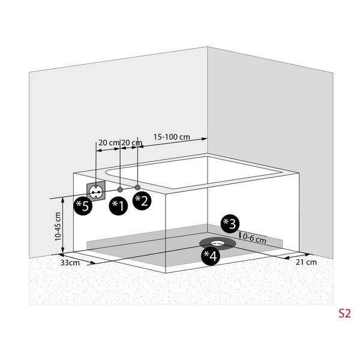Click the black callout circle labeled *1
click(x=118, y=206)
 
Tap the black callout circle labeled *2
click(x=142, y=200)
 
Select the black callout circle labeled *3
click(x=230, y=224)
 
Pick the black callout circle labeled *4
click(x=211, y=256)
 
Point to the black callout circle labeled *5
click(x=83, y=206)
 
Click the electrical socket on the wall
click(x=96, y=191)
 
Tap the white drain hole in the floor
click(x=217, y=242)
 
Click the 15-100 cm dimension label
click(x=172, y=137)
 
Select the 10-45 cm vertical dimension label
click(x=58, y=226)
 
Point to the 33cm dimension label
click(x=70, y=263)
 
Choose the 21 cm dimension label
click(x=306, y=262)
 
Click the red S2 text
click(x=344, y=313)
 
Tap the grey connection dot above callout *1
click(x=120, y=190)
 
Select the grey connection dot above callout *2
click(x=137, y=187)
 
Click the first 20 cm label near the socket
click(x=109, y=143)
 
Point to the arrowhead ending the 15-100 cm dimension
click(x=205, y=139)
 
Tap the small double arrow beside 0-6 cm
click(x=240, y=235)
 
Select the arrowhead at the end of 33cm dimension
click(x=93, y=263)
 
